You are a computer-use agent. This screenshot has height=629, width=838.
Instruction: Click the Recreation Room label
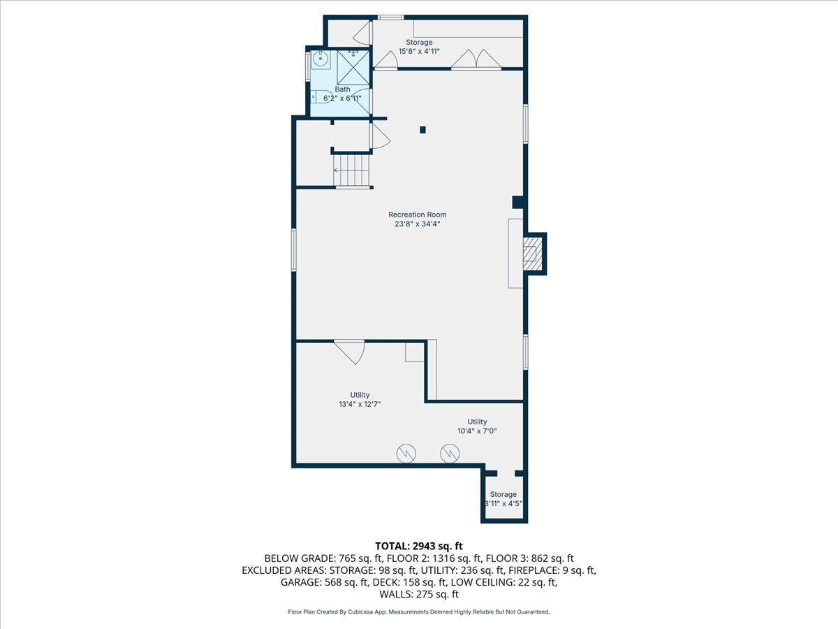click(x=418, y=215)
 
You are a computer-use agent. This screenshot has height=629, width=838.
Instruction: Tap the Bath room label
click(x=342, y=89)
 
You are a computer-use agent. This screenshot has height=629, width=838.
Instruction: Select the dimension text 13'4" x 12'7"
click(x=360, y=404)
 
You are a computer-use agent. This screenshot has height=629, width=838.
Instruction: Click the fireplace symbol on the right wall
click(x=532, y=253)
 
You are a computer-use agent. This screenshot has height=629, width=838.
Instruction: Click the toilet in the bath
click(x=322, y=97)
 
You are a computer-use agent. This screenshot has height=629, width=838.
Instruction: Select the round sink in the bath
click(x=321, y=59)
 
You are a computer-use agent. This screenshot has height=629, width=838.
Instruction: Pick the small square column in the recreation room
click(x=422, y=129)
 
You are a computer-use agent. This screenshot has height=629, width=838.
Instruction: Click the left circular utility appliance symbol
click(x=406, y=454)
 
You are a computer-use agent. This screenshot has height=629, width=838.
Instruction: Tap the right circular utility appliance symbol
click(x=450, y=454)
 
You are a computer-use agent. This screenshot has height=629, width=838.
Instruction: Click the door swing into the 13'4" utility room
click(x=351, y=350)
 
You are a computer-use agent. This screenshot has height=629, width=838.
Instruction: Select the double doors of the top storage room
click(x=476, y=60)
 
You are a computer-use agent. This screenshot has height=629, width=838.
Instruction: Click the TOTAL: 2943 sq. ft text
click(x=419, y=546)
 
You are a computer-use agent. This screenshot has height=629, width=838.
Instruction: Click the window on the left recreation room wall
click(x=294, y=250)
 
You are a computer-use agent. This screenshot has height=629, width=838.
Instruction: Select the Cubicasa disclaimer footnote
click(x=419, y=612)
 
